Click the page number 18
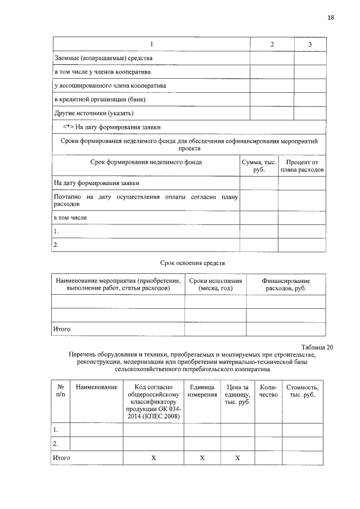pos(330,17)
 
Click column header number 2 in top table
pos(272,44)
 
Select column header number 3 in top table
pos(310,44)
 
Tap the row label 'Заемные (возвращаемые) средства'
pos(103,58)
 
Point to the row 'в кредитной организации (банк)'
pos(100,100)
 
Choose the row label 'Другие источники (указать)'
pos(93,113)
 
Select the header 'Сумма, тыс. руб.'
pos(259,165)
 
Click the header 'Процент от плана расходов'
pos(302,165)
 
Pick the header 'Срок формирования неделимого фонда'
pos(146,162)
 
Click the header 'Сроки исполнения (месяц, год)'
pos(215,284)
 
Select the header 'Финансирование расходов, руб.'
pos(286,284)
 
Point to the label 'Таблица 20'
pos(317,347)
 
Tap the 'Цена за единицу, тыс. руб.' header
pos(237,395)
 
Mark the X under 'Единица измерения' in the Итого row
pos(202,458)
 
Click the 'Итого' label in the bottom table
pos(61,458)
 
